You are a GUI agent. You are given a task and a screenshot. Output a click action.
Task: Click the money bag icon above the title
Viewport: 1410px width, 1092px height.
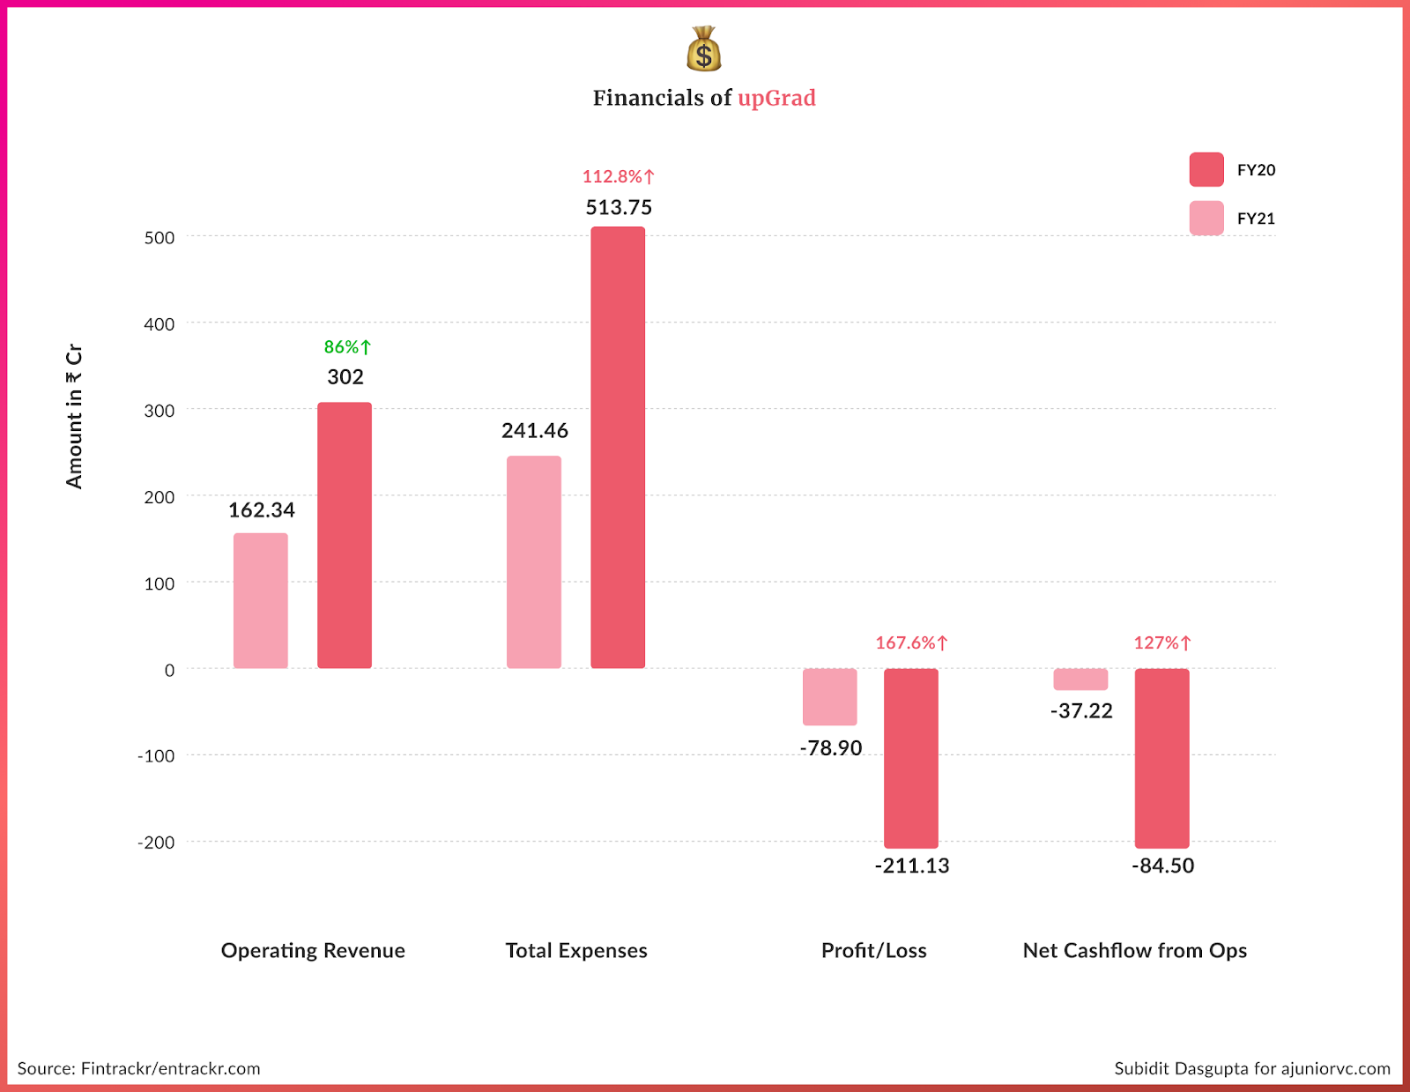point(703,49)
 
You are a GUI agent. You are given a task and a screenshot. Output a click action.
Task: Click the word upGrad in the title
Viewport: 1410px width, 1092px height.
point(776,98)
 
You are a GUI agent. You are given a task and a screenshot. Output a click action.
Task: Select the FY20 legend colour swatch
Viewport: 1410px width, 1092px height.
point(1206,169)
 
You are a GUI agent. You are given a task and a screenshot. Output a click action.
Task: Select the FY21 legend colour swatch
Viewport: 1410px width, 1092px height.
point(1206,218)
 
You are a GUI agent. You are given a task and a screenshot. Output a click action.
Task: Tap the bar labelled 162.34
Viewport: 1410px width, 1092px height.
point(261,600)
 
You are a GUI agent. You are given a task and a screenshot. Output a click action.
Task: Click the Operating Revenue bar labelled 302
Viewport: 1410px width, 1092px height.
point(345,535)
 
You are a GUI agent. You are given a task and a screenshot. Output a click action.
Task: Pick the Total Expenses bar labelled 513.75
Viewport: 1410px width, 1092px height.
point(618,447)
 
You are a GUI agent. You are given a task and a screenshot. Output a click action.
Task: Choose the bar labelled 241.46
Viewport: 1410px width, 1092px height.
point(534,561)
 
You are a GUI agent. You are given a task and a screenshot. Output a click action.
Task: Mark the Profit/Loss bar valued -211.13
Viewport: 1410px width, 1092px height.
point(911,758)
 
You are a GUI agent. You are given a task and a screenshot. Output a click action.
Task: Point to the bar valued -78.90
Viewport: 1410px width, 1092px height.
point(829,696)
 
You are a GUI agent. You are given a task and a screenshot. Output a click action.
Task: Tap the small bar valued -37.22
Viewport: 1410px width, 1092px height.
point(1080,680)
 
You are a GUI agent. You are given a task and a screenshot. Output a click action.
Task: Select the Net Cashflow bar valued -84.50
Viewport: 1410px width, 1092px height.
point(1161,758)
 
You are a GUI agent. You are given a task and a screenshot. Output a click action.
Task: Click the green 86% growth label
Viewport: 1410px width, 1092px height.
point(347,347)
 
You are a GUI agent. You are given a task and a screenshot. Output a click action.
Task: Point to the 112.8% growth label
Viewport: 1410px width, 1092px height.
point(618,177)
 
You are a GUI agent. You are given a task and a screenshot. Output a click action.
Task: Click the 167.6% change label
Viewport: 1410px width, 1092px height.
point(911,643)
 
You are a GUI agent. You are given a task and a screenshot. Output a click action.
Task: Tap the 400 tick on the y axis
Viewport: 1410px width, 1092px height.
point(160,324)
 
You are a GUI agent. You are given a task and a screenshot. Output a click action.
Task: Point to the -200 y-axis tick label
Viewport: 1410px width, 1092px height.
point(156,843)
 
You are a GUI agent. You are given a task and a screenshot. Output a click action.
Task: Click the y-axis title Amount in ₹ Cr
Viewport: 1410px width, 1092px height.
point(74,416)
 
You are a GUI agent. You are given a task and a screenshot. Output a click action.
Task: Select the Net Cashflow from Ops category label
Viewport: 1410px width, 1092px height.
point(1134,951)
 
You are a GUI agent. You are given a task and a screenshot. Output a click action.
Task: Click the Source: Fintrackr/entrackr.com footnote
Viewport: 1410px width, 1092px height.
point(139,1069)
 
